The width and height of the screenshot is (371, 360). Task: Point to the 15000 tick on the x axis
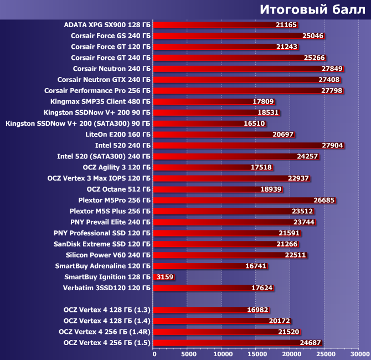point(256,353)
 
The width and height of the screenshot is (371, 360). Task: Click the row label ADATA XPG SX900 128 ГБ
point(107,25)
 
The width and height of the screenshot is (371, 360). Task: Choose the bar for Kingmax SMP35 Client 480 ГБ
point(214,102)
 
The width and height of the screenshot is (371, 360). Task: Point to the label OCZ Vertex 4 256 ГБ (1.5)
point(107,342)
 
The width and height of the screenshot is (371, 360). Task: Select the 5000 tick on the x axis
point(188,353)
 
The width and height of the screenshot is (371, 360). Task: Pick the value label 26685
point(323,200)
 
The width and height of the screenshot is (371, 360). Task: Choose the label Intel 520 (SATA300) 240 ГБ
point(104,156)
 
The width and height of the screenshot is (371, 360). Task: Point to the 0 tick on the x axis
point(154,353)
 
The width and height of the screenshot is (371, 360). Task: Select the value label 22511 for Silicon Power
point(295,255)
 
